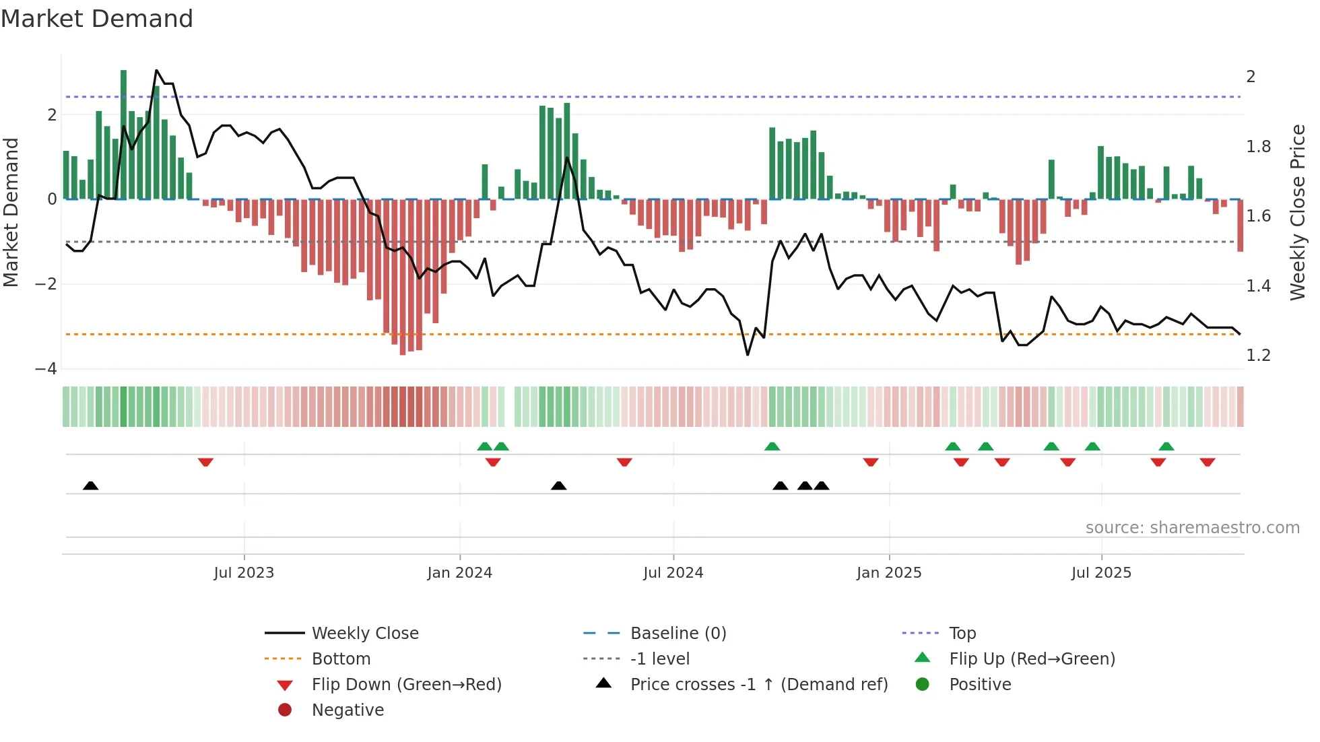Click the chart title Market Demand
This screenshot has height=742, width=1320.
97,19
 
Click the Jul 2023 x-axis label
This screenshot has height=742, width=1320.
244,573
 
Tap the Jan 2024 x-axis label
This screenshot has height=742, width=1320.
460,573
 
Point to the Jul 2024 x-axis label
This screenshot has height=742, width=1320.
673,573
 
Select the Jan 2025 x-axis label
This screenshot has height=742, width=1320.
889,573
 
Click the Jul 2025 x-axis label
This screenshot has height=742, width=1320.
1101,573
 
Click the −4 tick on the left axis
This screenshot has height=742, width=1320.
46,369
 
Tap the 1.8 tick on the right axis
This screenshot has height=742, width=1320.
1258,147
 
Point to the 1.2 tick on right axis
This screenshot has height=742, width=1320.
1258,356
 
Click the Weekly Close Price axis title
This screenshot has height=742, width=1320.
1297,212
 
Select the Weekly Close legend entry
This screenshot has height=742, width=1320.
365,634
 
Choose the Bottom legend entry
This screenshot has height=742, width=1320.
341,659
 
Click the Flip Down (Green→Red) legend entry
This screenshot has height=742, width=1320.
406,685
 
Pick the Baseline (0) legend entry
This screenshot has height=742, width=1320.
678,634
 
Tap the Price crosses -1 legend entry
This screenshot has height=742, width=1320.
759,685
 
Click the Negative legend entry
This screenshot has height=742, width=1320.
348,710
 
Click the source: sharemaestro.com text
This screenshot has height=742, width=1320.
1192,528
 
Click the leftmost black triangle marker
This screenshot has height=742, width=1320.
91,485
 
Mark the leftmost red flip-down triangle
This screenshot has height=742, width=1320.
205,462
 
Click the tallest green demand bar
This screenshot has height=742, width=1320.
123,135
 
